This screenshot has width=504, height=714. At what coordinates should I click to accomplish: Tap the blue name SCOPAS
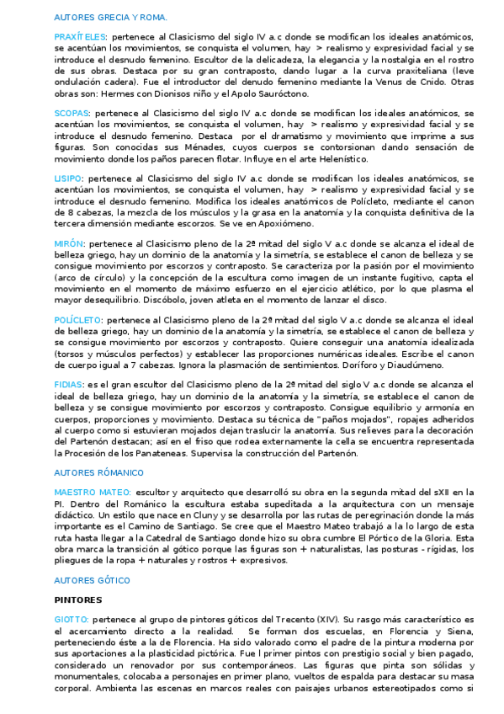(x=72, y=112)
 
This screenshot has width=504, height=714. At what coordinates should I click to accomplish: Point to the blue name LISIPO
(x=68, y=178)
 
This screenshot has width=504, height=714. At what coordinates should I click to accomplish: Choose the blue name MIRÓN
(x=69, y=243)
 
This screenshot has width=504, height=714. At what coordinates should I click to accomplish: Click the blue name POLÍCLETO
(x=78, y=320)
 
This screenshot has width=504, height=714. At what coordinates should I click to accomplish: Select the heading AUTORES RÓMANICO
(x=98, y=472)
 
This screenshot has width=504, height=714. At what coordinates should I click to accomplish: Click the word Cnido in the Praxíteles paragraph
(x=435, y=82)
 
